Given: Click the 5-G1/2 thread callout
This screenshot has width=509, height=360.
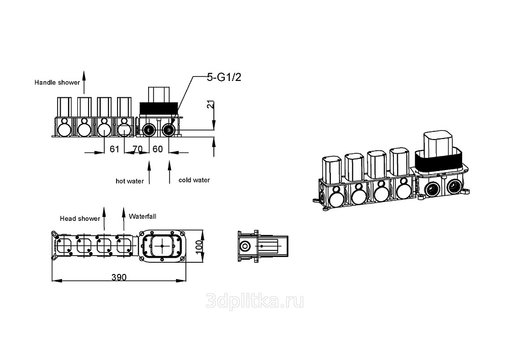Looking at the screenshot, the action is click(x=224, y=77).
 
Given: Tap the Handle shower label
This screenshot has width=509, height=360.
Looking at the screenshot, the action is click(x=57, y=82).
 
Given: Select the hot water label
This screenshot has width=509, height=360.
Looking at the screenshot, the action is click(x=129, y=181).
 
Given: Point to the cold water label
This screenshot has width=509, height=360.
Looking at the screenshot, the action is click(x=194, y=180).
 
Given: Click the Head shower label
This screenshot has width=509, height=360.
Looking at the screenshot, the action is click(x=80, y=218).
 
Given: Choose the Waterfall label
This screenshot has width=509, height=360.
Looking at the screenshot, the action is click(x=143, y=216).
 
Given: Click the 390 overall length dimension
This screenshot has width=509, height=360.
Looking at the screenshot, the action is click(x=119, y=277).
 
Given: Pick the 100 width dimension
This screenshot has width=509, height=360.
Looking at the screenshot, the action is click(x=200, y=247).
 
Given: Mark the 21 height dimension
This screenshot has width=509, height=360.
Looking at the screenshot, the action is click(x=211, y=104).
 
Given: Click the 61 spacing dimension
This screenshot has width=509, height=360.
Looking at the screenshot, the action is click(x=114, y=149).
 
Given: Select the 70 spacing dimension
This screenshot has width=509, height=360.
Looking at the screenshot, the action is click(x=137, y=149).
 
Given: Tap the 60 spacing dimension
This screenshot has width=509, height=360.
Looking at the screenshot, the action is click(x=157, y=149).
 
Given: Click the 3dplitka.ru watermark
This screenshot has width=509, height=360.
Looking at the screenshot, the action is click(x=255, y=301).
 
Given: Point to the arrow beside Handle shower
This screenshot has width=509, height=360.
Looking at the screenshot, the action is click(x=84, y=82).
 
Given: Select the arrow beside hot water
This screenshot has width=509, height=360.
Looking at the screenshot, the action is click(x=149, y=173).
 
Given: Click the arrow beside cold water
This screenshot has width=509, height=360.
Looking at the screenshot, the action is click(x=169, y=173).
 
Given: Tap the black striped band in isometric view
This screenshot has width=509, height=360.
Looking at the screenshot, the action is click(x=439, y=163).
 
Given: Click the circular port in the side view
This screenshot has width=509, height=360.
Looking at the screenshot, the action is click(x=244, y=246).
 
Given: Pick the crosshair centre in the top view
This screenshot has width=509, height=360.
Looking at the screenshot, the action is click(x=162, y=246).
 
